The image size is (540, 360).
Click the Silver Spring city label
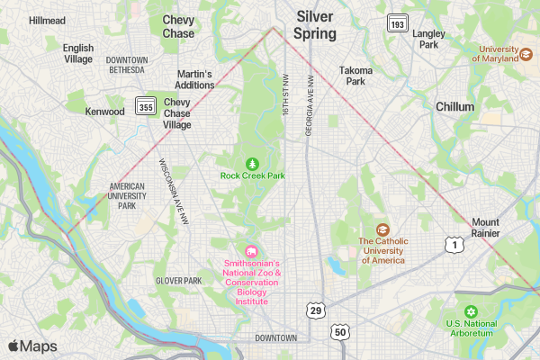(315, 25)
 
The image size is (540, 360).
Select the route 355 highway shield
(144, 107)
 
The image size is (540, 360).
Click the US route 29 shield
(315, 310)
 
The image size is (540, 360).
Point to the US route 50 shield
(339, 332)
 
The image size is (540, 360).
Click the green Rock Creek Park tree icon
(253, 163)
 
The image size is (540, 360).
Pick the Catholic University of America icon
(382, 229)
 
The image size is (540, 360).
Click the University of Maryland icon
(525, 54)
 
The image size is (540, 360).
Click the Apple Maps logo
(33, 346)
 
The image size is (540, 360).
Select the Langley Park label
(427, 39)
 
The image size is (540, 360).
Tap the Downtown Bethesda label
(126, 65)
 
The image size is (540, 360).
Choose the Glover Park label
(178, 281)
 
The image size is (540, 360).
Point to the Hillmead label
(47, 20)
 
